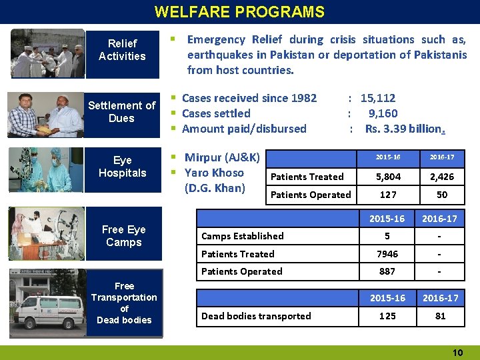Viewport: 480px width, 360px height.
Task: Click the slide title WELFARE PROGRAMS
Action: pyautogui.click(x=239, y=12)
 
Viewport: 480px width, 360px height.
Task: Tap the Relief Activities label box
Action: pyautogui.click(x=122, y=49)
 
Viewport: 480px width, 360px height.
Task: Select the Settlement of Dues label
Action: pyautogui.click(x=122, y=111)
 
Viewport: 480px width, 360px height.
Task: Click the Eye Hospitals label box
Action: pyautogui.click(x=122, y=167)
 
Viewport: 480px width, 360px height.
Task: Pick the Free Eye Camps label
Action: pyautogui.click(x=123, y=235)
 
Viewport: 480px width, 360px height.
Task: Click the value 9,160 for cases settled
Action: pyautogui.click(x=383, y=113)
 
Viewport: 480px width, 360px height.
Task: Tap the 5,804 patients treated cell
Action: pyautogui.click(x=387, y=177)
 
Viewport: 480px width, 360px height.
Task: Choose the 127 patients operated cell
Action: pyautogui.click(x=387, y=195)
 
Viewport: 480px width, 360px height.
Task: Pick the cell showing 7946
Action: pyautogui.click(x=387, y=254)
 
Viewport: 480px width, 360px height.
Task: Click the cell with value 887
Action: pyautogui.click(x=387, y=271)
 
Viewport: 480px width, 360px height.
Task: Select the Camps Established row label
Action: pyautogui.click(x=243, y=236)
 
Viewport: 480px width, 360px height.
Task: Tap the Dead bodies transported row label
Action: pyautogui.click(x=256, y=316)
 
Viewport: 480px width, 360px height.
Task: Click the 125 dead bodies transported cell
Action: pyautogui.click(x=387, y=316)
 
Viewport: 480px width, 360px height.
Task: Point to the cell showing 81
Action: pyautogui.click(x=441, y=316)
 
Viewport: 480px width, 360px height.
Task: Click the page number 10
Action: pyautogui.click(x=457, y=352)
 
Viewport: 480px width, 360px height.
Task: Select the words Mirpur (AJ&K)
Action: pyautogui.click(x=222, y=158)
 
